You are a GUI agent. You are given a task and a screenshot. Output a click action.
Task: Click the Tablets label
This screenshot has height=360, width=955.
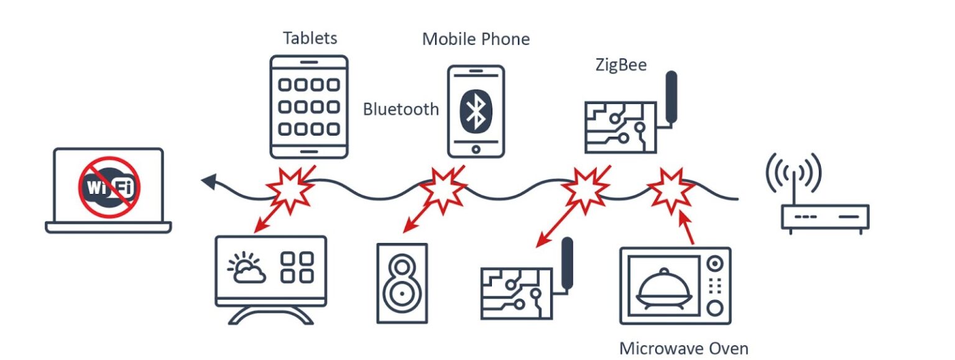310,39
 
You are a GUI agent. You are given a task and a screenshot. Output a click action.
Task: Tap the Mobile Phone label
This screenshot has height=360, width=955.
476,39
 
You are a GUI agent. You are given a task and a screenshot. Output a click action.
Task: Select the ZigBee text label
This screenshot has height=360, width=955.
621,65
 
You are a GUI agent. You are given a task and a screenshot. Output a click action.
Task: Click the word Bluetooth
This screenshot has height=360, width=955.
401,109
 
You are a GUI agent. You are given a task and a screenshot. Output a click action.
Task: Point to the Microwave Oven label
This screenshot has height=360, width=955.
683,348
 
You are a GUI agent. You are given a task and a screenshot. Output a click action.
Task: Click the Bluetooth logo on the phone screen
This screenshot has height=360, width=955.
476,111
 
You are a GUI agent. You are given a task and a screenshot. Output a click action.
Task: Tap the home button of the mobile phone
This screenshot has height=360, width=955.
476,149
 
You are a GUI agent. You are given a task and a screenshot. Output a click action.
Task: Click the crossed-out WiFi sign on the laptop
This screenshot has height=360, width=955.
109,187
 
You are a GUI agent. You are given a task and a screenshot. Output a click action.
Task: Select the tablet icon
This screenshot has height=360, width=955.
309,107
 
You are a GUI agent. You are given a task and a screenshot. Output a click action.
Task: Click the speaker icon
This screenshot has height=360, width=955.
402,284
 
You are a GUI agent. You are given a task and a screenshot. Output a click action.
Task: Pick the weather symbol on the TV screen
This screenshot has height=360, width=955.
246,267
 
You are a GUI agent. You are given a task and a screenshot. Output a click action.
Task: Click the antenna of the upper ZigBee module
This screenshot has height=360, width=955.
671,97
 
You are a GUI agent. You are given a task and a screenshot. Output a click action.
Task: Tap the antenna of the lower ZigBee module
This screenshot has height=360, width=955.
567,264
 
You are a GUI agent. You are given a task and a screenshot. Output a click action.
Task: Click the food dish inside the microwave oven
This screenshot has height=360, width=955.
663,287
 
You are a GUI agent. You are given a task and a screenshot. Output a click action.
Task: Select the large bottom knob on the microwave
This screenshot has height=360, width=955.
715,308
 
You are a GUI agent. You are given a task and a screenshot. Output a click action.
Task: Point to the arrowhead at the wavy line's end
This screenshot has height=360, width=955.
210,182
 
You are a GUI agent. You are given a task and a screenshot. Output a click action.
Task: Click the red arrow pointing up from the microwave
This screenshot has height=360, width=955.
686,228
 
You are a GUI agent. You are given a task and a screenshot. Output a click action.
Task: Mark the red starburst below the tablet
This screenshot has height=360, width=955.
290,189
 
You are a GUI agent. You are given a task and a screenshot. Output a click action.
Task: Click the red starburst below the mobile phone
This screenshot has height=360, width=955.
443,189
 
